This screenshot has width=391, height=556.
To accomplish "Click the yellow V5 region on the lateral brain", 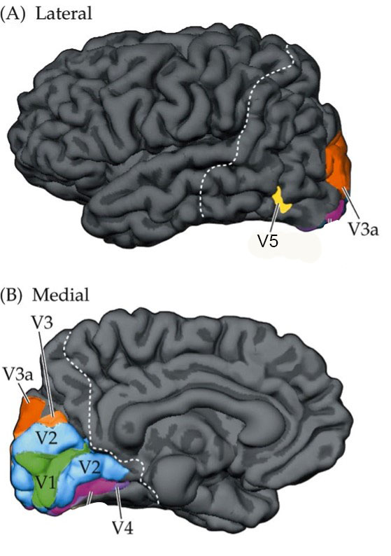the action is [x=282, y=201].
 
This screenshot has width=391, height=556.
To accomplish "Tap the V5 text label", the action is [x=268, y=241].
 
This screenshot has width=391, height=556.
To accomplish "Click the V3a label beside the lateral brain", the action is [x=364, y=228].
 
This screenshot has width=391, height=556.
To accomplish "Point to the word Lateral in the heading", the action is [x=64, y=13].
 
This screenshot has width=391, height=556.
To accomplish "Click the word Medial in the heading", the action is [x=61, y=294].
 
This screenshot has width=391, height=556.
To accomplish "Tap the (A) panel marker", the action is [x=13, y=14].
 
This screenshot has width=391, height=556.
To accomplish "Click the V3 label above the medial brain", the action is [x=43, y=322].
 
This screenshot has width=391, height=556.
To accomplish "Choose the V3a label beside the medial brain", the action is [x=17, y=373].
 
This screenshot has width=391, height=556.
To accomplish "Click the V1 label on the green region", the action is [x=45, y=482].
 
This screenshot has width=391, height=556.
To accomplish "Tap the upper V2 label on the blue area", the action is [x=48, y=438].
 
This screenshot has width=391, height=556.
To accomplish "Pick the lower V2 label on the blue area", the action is [x=90, y=467].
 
